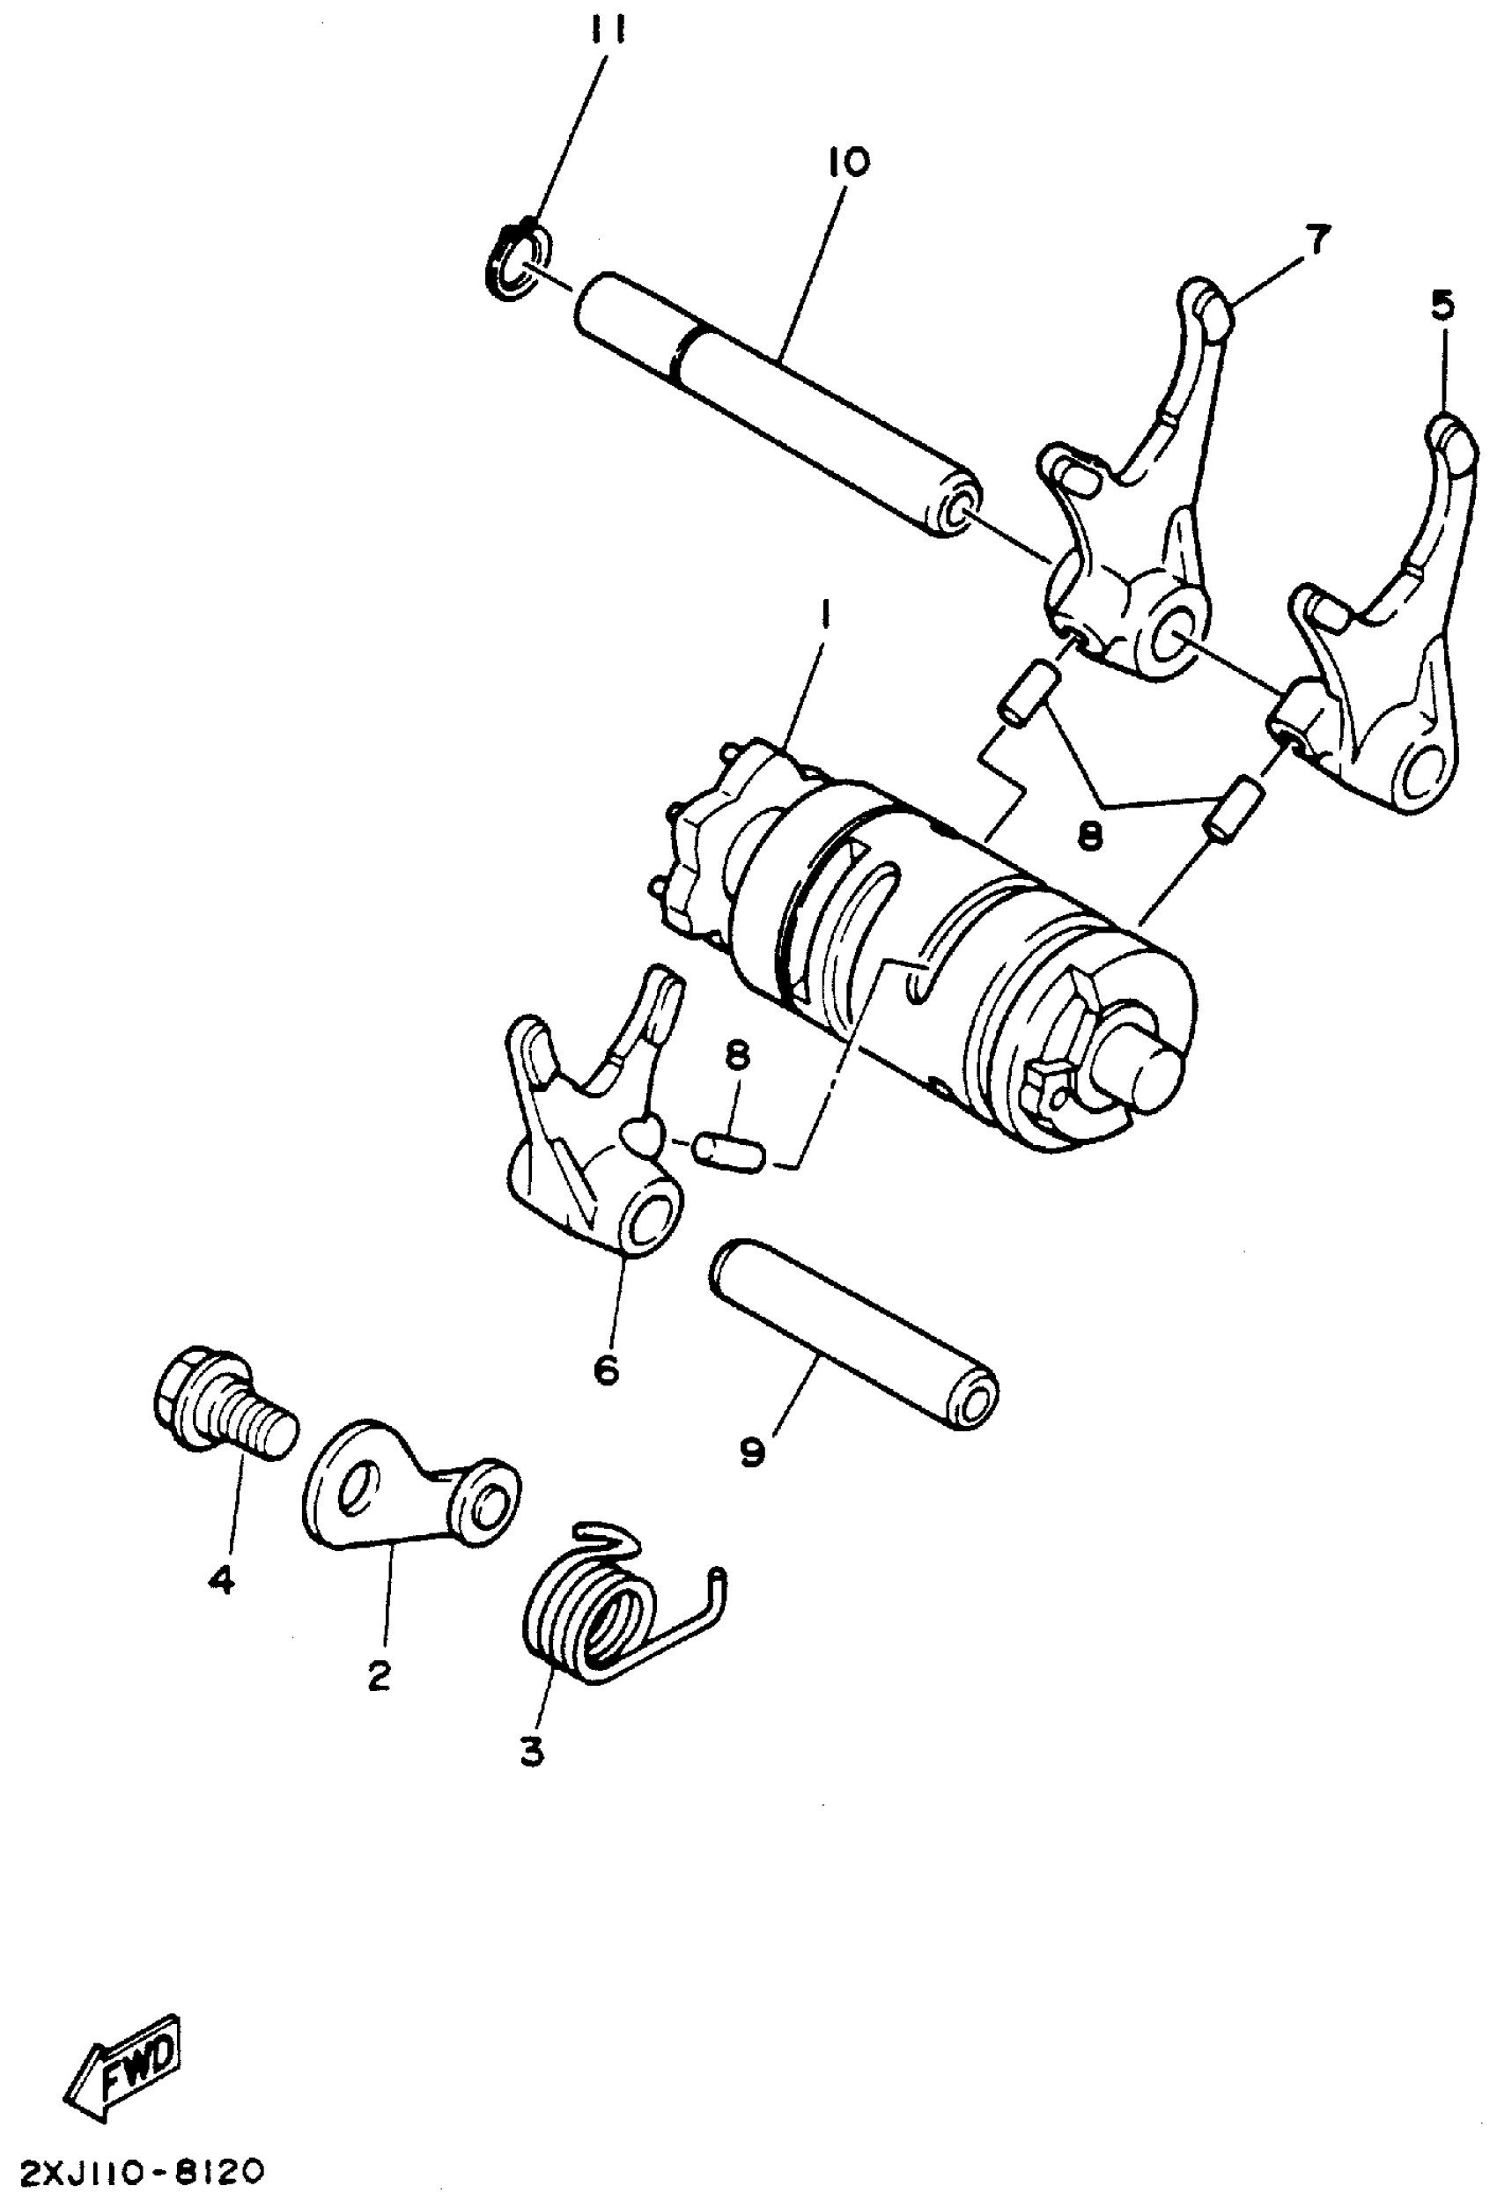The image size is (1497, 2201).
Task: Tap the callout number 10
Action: click(847, 163)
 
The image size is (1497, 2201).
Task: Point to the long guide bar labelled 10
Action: click(777, 404)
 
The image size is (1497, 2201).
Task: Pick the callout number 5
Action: click(1442, 307)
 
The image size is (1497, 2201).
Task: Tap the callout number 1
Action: click(825, 617)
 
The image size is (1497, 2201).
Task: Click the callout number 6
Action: click(606, 1369)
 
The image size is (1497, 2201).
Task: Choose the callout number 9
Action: click(753, 1451)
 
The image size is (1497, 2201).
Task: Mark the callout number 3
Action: click(531, 1750)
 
